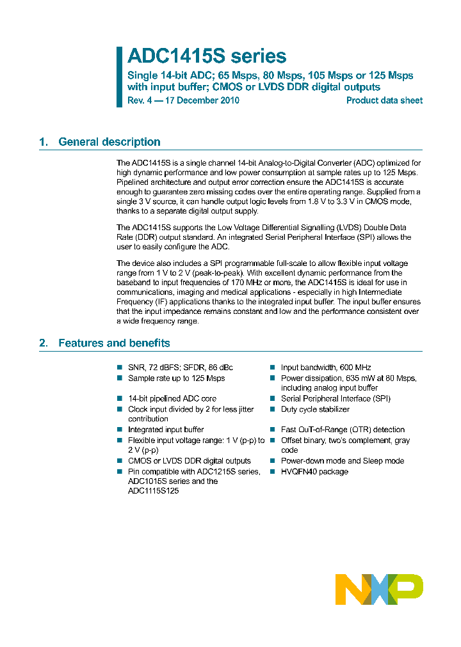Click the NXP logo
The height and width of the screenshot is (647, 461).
click(379, 589)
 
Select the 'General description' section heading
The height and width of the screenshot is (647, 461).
click(109, 142)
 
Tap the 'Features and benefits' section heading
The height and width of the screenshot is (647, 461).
click(114, 343)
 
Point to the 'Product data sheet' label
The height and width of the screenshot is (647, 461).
click(384, 100)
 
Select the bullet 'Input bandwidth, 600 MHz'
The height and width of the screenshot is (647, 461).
click(326, 368)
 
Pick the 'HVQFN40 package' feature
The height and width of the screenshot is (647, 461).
click(314, 472)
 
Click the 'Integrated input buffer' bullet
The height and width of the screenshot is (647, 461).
click(166, 430)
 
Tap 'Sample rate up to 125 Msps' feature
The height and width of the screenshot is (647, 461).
click(176, 378)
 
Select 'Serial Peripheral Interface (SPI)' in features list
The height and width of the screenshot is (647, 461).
click(336, 398)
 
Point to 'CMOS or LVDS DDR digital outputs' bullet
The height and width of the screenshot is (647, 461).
click(189, 461)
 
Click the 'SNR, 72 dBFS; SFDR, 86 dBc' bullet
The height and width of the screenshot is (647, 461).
click(180, 368)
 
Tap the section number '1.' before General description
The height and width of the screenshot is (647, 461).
click(44, 142)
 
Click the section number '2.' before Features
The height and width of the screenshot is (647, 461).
click(44, 343)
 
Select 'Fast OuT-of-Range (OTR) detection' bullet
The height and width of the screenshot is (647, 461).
click(343, 430)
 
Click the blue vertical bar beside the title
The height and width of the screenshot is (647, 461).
click(119, 77)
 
